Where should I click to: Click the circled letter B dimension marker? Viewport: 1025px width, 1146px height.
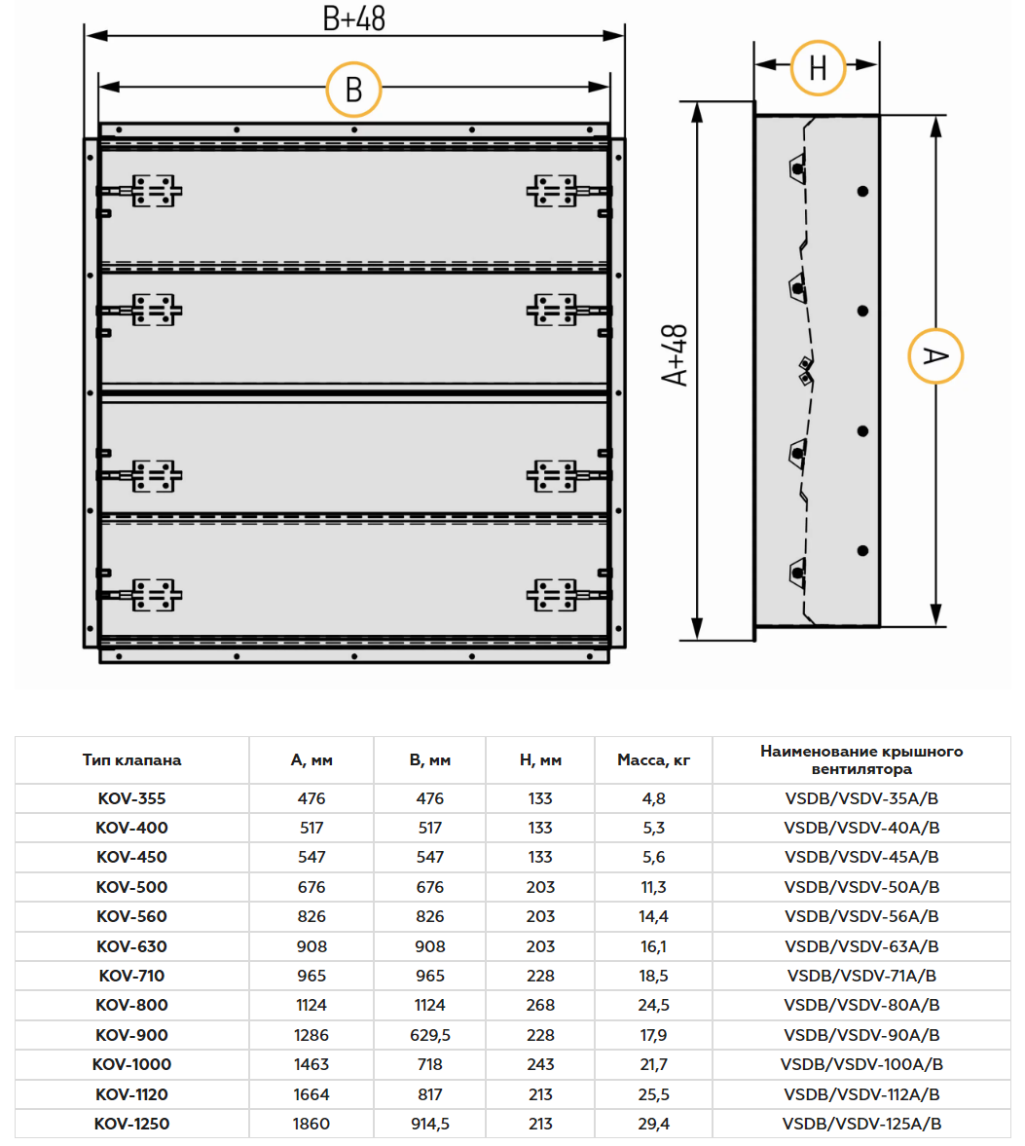click(x=353, y=90)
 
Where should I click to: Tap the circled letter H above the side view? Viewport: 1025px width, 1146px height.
click(x=819, y=68)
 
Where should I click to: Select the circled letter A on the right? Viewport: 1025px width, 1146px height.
click(x=935, y=356)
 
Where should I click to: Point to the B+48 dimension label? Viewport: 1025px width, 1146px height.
click(x=353, y=19)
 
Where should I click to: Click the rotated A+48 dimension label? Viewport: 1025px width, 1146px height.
click(x=675, y=355)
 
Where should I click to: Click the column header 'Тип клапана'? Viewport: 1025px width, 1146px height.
click(x=131, y=760)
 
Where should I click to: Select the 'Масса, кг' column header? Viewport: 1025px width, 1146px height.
click(x=653, y=760)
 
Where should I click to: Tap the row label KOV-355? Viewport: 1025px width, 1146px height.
click(x=131, y=798)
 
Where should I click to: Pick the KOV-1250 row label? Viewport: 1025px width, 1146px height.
click(x=131, y=1124)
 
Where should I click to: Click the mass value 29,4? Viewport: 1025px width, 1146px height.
click(x=653, y=1124)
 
